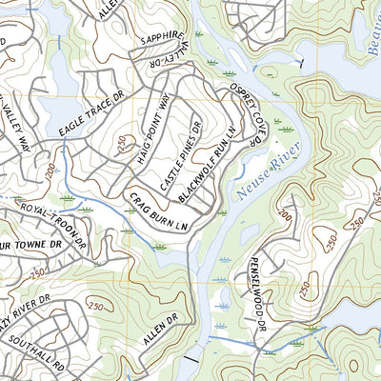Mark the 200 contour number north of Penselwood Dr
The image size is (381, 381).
[283, 216]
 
